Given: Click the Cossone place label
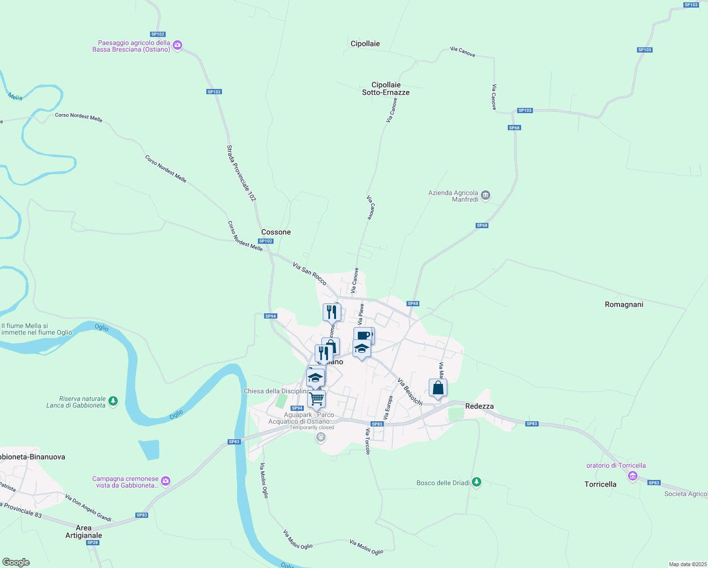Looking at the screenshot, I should click(x=276, y=232).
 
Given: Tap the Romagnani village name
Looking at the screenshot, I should click(x=624, y=304).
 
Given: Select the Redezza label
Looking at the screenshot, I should click(x=479, y=406).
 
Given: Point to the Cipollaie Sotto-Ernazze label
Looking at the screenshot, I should click(x=386, y=89).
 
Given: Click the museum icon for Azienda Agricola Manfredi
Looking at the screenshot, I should click(x=485, y=195).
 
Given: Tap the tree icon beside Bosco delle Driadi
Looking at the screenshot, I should click(x=477, y=482).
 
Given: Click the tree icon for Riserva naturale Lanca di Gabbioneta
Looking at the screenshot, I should click(x=113, y=401).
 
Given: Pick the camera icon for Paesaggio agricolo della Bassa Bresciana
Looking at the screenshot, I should click(x=177, y=45).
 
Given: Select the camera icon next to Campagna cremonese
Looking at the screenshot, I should click(x=165, y=481).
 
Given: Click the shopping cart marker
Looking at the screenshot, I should click(x=316, y=399).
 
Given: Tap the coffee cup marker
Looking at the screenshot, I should click(x=363, y=336).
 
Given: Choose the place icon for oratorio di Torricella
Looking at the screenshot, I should click(x=633, y=476).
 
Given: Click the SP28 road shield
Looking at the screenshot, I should click(x=93, y=542).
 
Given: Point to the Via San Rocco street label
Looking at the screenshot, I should click(x=310, y=274).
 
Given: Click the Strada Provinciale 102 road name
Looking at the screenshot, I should click(x=241, y=173).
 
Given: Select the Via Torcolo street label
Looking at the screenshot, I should click(x=368, y=441).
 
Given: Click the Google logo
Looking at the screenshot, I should click(x=16, y=562).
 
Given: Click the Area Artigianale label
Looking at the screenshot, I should click(x=83, y=532).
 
